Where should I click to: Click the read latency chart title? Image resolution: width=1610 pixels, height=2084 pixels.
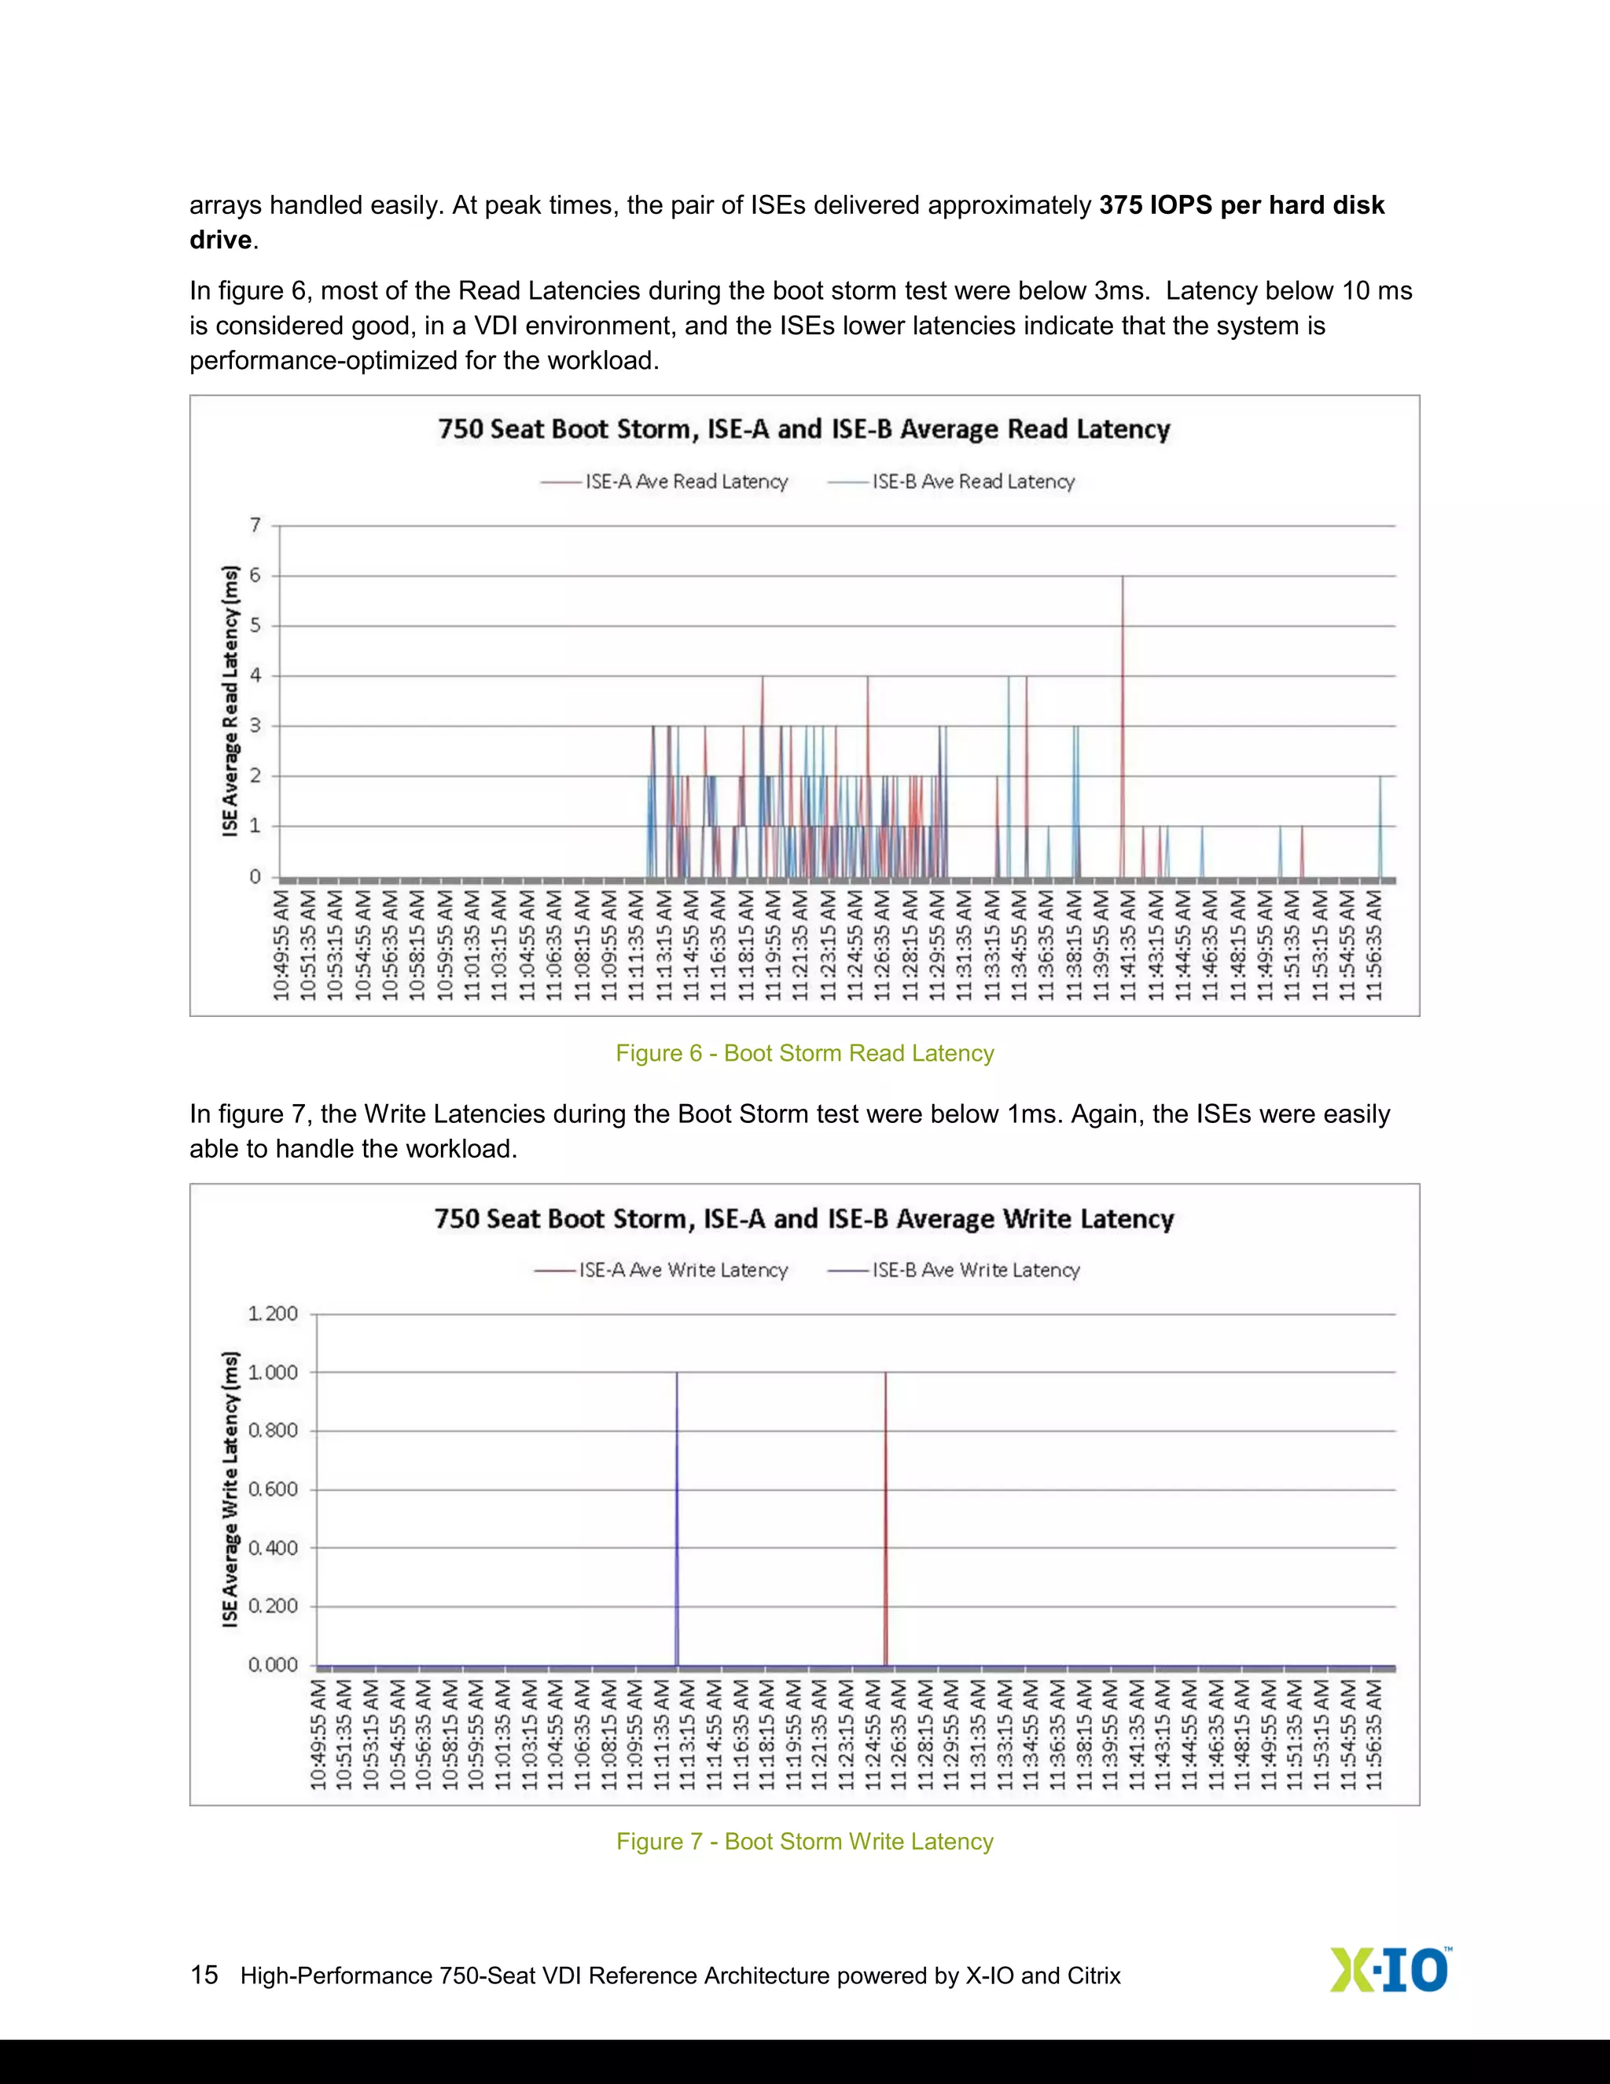point(804,429)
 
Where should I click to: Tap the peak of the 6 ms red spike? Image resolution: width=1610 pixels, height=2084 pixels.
point(1123,576)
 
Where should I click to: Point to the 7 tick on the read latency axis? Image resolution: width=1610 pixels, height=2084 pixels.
point(255,525)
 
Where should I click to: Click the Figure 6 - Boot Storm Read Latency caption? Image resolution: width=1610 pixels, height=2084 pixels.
point(804,1054)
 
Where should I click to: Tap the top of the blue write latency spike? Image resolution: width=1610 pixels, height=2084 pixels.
point(677,1373)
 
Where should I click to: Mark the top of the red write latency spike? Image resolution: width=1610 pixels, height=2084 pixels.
point(885,1373)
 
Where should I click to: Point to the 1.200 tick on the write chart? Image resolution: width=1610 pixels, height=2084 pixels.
point(273,1314)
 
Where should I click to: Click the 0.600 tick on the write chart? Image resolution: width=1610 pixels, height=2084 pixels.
point(273,1489)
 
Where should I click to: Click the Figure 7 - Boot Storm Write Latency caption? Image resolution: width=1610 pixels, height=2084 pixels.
point(804,1842)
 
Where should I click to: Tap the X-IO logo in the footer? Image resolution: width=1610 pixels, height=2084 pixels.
point(1390,1972)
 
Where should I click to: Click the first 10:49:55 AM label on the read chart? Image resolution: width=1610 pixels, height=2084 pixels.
point(281,947)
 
